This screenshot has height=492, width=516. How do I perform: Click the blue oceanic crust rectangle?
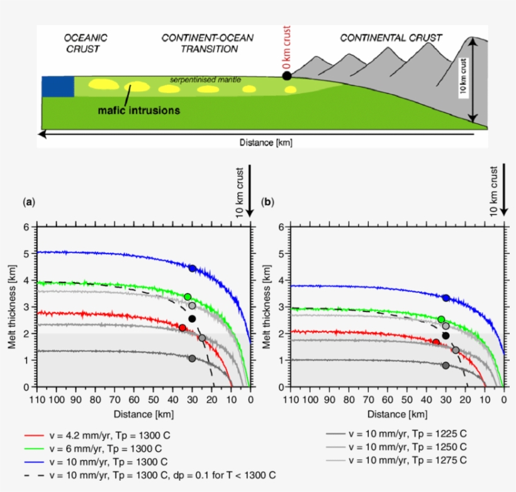point(58,86)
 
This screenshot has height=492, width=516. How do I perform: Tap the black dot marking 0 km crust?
point(286,75)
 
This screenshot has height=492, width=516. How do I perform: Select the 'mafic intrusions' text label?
point(138,110)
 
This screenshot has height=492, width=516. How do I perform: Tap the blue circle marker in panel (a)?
point(193,269)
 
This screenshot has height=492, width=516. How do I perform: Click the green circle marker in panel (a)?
point(188,296)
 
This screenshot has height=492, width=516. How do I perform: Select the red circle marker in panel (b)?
point(436,342)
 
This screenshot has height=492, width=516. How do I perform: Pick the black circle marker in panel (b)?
point(446,335)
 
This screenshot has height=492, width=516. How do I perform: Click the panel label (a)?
point(28,203)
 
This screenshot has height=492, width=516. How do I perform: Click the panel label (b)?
point(269,203)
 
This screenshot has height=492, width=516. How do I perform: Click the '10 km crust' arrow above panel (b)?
point(503,192)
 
